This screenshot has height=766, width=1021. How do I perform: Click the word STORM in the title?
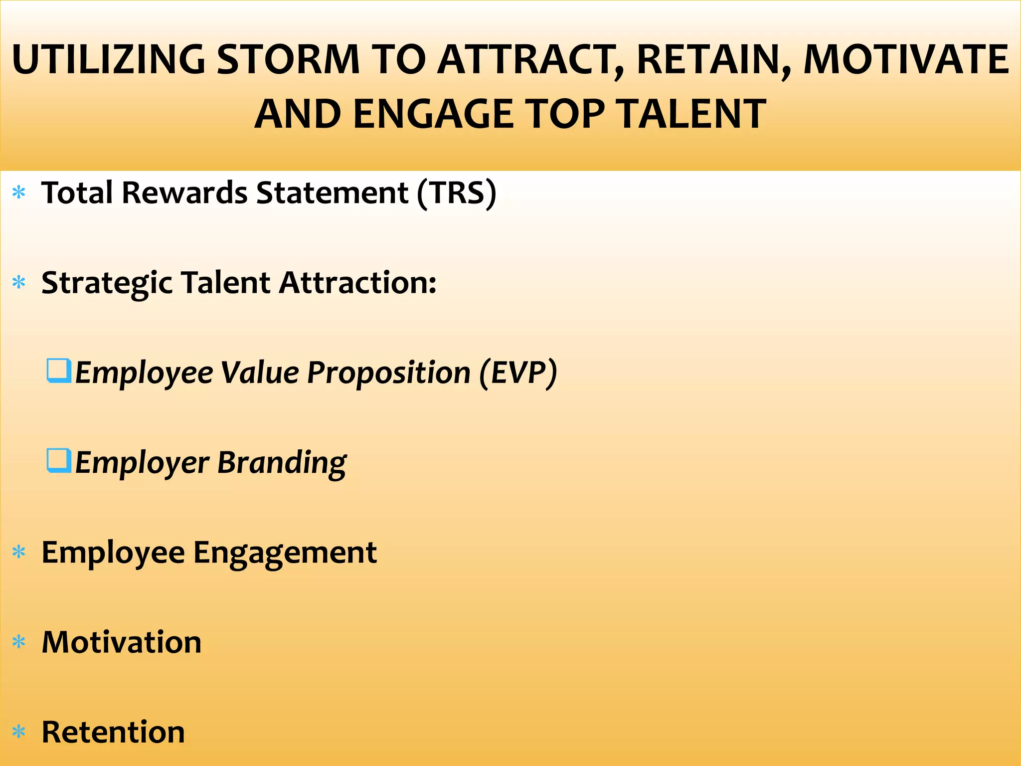tap(288, 60)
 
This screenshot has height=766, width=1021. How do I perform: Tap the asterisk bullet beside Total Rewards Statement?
tap(19, 193)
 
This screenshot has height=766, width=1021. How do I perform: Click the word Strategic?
tap(107, 283)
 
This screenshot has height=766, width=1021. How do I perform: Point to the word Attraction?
tap(358, 283)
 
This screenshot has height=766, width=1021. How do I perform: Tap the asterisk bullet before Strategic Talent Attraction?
tap(19, 283)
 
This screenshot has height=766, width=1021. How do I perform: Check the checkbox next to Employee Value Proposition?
tap(59, 371)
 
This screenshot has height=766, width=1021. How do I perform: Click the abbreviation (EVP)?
tap(518, 373)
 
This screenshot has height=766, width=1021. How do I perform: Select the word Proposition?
tap(389, 373)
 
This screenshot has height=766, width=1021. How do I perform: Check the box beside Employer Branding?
tap(59, 461)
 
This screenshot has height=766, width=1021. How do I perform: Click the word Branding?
tap(282, 463)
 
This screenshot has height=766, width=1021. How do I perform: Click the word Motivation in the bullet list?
tap(122, 642)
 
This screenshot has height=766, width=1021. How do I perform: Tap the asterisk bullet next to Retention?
tap(19, 732)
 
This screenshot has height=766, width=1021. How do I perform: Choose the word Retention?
tap(113, 732)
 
